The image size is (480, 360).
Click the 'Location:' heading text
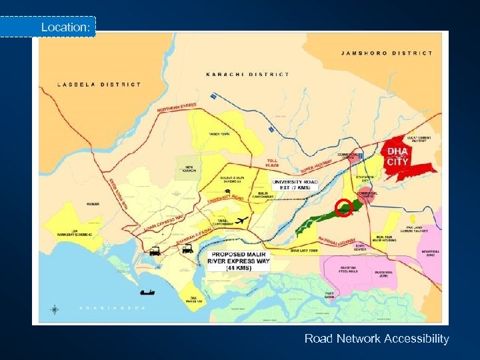pyautogui.click(x=65, y=27)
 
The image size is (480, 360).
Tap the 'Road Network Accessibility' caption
pyautogui.click(x=377, y=339)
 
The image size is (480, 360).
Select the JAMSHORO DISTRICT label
pyautogui.click(x=387, y=53)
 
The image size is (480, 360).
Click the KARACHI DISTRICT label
pyautogui.click(x=247, y=74)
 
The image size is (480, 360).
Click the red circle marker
pyautogui.click(x=343, y=208)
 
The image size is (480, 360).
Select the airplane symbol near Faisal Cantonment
pyautogui.click(x=241, y=220)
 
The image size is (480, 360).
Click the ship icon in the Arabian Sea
pyautogui.click(x=147, y=291)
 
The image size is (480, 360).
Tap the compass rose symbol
pyautogui.click(x=54, y=309)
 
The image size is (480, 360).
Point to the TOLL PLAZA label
pyautogui.click(x=273, y=162)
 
